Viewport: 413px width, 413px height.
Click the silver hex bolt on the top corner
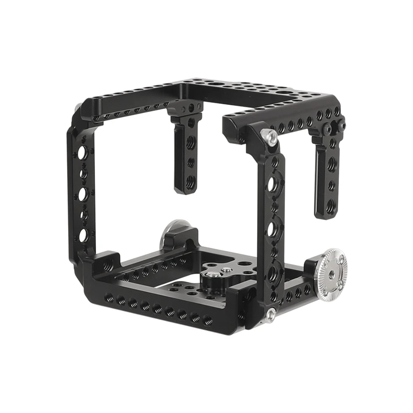pos(269,136)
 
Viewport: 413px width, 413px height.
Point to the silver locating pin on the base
pos(226,269)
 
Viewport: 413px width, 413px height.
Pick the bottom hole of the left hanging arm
pos(190,181)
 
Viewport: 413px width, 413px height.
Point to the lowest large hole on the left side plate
pos(83,235)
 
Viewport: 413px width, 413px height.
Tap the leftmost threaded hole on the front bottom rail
pos(109,298)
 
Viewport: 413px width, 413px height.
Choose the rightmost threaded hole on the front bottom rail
pos(208,321)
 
